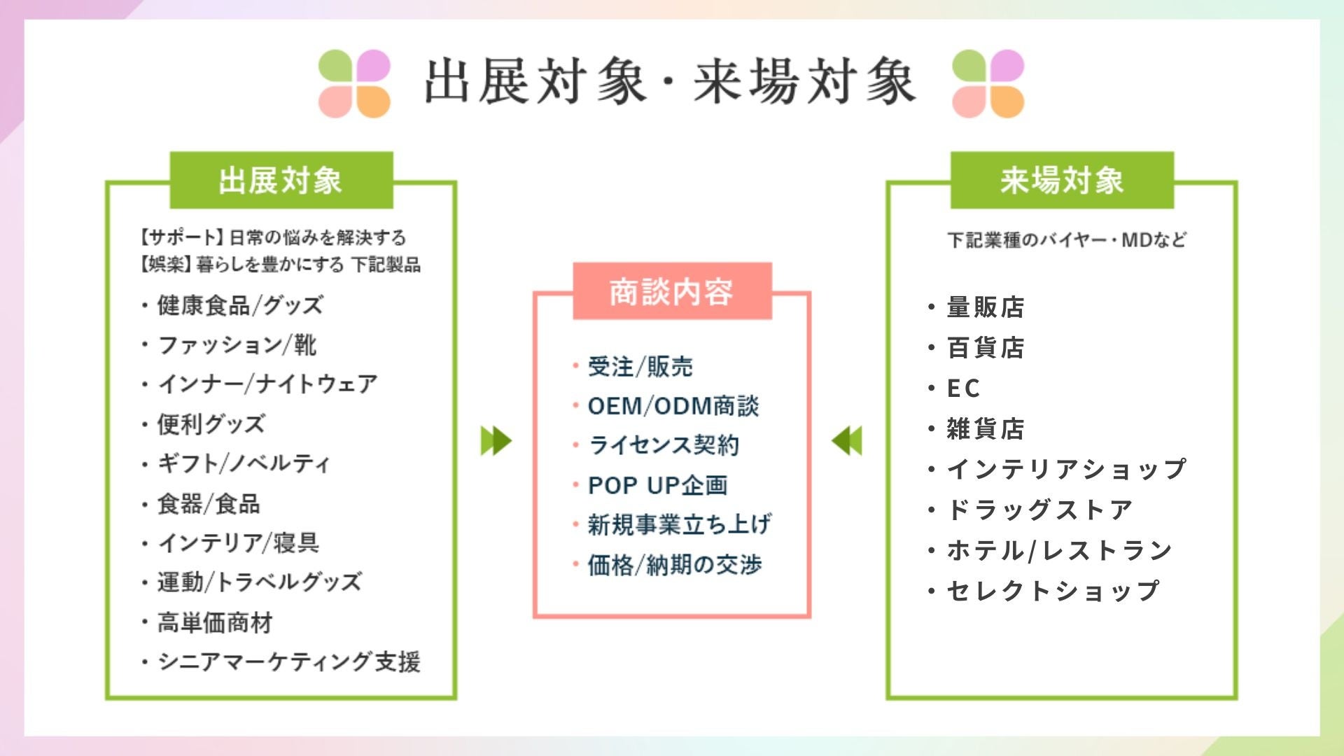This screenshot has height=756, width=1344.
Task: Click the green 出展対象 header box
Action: click(x=281, y=181)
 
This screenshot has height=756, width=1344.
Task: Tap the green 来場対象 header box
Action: click(x=1061, y=181)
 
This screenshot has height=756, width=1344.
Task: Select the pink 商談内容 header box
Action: click(x=671, y=292)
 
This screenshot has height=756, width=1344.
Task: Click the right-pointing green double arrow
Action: click(x=496, y=441)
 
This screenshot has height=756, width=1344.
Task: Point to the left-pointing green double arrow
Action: click(x=847, y=441)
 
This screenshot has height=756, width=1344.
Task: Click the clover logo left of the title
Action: click(x=354, y=83)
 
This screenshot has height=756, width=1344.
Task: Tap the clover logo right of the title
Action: click(x=988, y=83)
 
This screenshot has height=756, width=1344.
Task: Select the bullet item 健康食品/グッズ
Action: click(x=239, y=306)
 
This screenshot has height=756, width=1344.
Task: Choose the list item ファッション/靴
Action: click(x=237, y=345)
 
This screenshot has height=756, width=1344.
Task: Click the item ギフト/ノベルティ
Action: click(x=243, y=463)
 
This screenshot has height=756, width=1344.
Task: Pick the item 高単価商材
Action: click(x=215, y=622)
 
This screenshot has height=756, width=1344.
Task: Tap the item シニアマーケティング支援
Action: click(x=288, y=661)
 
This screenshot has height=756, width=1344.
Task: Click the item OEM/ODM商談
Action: click(x=673, y=406)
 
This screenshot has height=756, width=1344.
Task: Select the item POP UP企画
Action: click(x=657, y=485)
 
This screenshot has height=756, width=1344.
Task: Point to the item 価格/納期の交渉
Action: click(x=674, y=565)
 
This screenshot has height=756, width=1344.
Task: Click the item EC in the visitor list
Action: click(x=962, y=388)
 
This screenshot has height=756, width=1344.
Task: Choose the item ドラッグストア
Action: click(x=1039, y=510)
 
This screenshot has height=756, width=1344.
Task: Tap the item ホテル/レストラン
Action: click(x=1059, y=550)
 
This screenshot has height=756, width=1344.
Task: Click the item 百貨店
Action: click(x=985, y=347)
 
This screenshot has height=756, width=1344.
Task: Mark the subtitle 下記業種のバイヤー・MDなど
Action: click(x=1067, y=240)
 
